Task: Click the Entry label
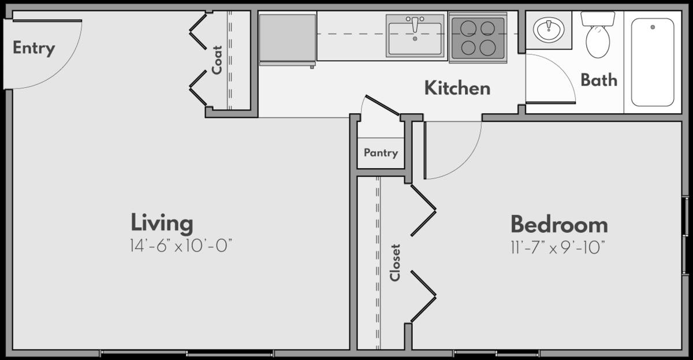tap(33, 49)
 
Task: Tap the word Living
tap(162, 223)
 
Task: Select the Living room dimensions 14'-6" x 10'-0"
tap(181, 246)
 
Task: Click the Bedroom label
tap(559, 225)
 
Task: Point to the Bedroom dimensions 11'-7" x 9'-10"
tap(558, 248)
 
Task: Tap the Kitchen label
tap(457, 88)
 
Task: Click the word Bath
tap(599, 80)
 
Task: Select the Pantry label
tap(381, 153)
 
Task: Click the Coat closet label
tap(217, 60)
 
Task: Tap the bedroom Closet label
tap(395, 263)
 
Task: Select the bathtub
tap(653, 62)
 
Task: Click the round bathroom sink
tap(549, 29)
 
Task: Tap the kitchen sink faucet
tap(415, 24)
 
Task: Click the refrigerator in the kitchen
tap(288, 39)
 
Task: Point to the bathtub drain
tap(653, 27)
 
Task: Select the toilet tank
tap(598, 18)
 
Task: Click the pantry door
tap(382, 105)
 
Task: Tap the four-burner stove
tap(478, 38)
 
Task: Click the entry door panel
tap(47, 21)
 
